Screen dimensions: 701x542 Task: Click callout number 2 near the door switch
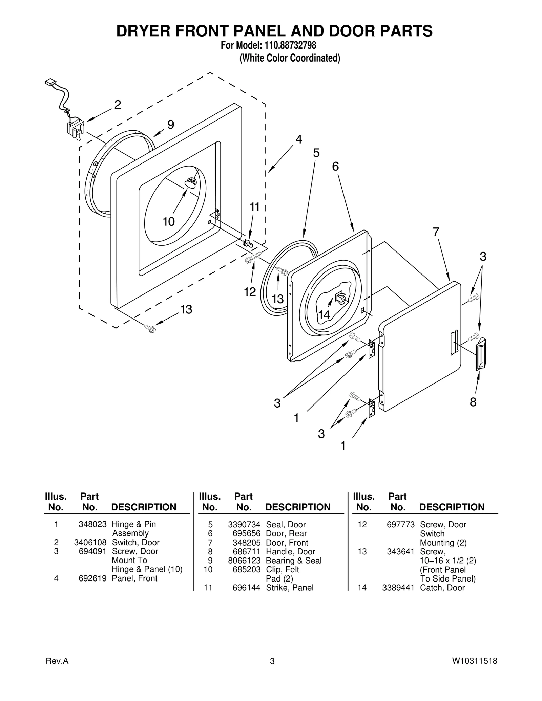pos(117,105)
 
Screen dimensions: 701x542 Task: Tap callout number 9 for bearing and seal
pos(171,125)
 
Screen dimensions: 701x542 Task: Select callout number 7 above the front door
pos(436,232)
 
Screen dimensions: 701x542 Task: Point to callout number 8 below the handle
pos(473,402)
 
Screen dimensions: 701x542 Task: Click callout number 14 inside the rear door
pos(324,315)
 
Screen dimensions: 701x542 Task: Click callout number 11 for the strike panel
pos(255,207)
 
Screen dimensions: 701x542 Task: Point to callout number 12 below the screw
pos(250,292)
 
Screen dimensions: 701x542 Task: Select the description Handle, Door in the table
pos(291,552)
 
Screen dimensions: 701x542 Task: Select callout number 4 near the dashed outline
pos(298,139)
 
